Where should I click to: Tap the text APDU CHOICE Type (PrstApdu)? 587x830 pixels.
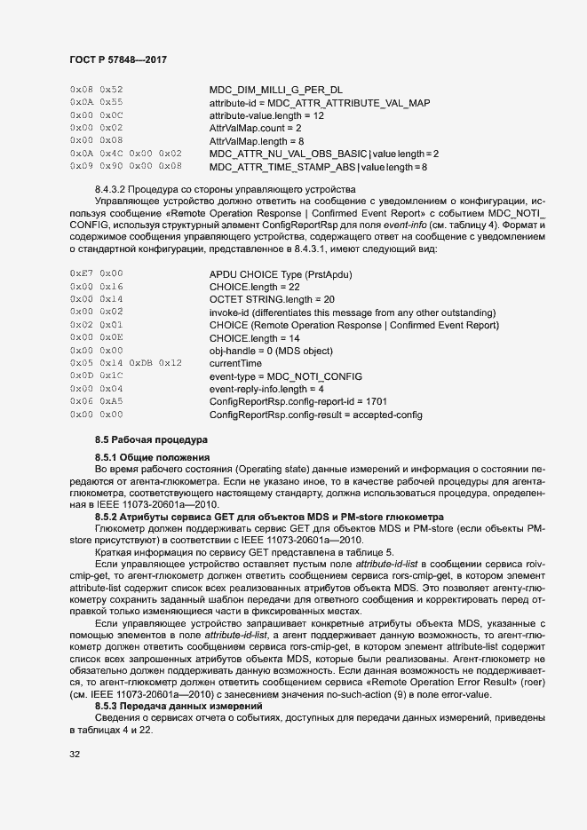coord(279,274)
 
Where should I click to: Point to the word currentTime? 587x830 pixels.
coord(235,364)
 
